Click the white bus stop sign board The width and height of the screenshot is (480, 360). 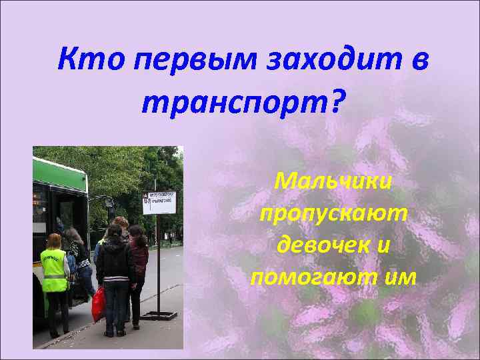(x=159, y=202)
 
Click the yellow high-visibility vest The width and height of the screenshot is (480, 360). (x=55, y=271)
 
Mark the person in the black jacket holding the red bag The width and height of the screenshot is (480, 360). (x=115, y=273)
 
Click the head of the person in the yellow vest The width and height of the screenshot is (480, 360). (x=53, y=241)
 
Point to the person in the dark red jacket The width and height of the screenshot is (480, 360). (x=138, y=260)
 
